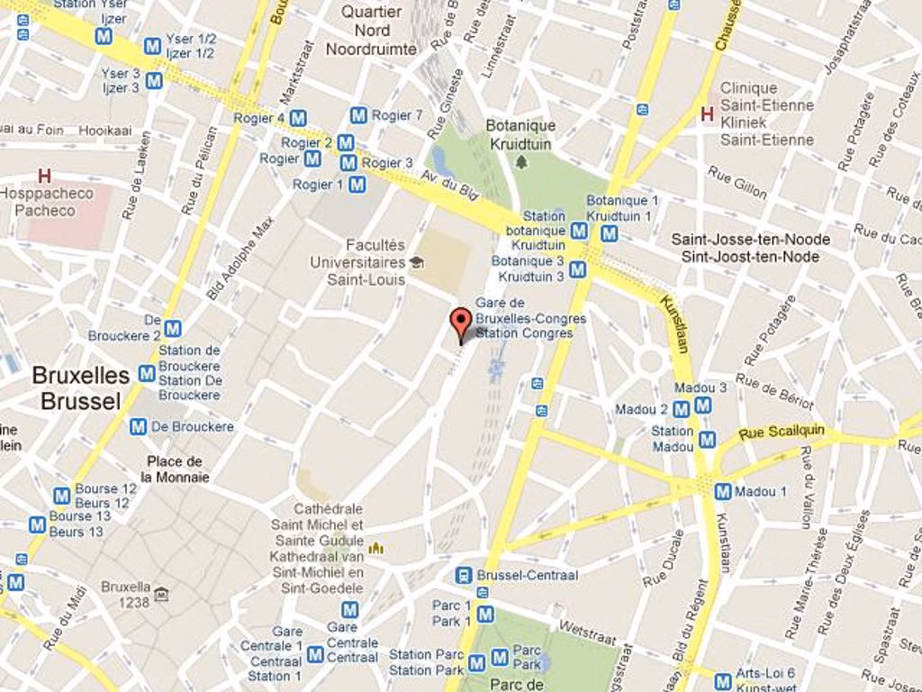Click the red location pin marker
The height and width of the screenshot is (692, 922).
click(461, 323)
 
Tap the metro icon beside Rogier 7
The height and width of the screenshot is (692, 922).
click(358, 115)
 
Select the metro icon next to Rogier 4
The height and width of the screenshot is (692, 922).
click(298, 118)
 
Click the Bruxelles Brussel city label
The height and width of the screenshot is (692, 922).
click(80, 388)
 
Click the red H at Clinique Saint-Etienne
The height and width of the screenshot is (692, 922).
click(707, 114)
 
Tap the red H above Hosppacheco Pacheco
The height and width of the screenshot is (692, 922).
click(44, 176)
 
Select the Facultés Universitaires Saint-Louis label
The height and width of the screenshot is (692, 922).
click(357, 262)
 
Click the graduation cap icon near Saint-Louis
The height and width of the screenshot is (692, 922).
click(416, 262)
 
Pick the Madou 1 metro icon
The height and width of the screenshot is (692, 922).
click(722, 491)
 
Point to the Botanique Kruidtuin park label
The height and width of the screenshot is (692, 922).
click(520, 134)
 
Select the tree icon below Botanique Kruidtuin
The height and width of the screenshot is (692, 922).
click(520, 162)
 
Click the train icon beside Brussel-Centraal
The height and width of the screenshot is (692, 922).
click(463, 575)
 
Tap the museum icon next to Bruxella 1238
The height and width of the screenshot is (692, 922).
click(161, 594)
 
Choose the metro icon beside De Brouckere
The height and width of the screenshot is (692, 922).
click(138, 426)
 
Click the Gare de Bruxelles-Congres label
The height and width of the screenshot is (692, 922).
click(529, 318)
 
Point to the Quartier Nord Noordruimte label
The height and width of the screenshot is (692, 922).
click(371, 31)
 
